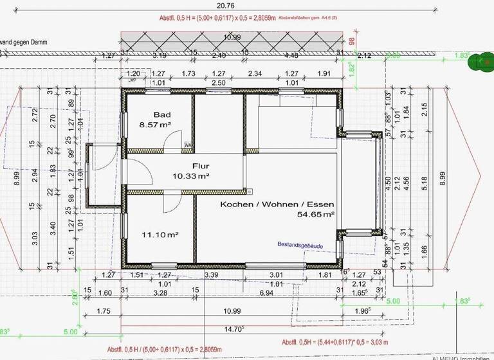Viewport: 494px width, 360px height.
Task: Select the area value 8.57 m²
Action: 155,127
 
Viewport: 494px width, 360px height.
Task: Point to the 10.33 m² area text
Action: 191,175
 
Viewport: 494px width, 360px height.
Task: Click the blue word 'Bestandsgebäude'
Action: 301,245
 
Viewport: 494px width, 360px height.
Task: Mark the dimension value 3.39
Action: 210,275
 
